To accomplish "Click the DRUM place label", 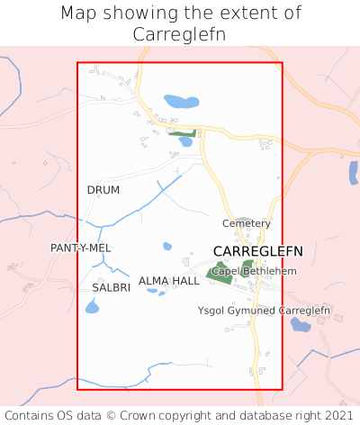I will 103,190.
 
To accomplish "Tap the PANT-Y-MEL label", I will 81,248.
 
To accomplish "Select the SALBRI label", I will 112,287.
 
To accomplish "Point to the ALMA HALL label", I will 169,281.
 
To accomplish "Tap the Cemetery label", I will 246,223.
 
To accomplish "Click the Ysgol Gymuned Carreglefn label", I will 265,311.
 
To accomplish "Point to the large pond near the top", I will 181,102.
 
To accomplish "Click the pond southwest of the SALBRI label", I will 92,308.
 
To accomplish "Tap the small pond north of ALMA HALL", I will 166,246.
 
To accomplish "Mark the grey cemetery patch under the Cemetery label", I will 243,236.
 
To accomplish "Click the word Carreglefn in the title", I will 179,34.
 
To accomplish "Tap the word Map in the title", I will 78,14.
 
